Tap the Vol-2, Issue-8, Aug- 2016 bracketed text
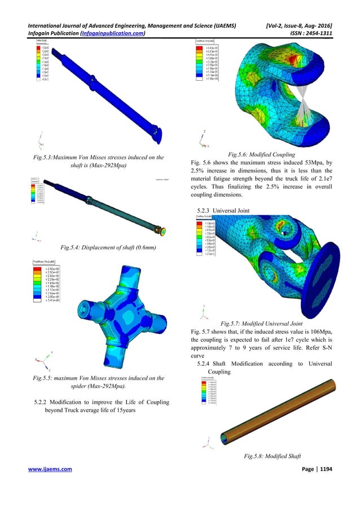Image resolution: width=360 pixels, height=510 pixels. click(302, 25)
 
